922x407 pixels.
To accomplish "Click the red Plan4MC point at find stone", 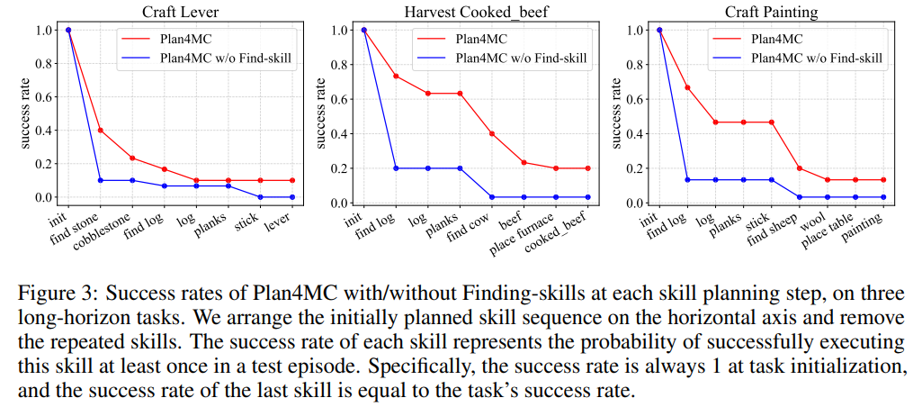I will (100, 130).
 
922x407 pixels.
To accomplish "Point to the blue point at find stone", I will (100, 180).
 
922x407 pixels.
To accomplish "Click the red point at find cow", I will (492, 134).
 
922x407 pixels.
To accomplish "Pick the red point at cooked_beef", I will (587, 168).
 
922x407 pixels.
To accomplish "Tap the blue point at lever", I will (292, 197).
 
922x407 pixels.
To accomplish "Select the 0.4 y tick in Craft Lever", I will (43, 131).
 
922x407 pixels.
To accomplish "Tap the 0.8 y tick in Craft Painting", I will (634, 64).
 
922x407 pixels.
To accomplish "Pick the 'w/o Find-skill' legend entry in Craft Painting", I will (816, 59).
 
